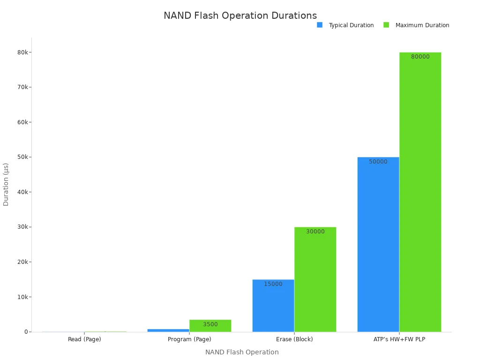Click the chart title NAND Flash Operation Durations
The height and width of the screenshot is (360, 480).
[240, 15]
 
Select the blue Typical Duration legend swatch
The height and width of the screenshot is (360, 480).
[320, 25]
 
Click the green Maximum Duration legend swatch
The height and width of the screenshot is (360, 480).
[386, 25]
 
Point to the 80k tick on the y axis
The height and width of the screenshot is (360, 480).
[22, 52]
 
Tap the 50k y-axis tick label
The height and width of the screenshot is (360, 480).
[22, 157]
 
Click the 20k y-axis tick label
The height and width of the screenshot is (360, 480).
[22, 262]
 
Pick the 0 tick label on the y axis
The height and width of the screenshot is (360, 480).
[26, 332]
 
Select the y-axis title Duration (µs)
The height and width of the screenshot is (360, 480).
[6, 184]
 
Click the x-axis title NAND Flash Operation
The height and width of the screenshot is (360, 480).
[242, 352]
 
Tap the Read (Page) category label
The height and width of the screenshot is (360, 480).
[84, 339]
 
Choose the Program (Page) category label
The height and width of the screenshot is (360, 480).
[189, 339]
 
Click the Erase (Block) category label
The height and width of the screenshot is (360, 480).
[294, 339]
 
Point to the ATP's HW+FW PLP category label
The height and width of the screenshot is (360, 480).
[399, 339]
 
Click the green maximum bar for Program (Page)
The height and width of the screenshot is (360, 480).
[210, 326]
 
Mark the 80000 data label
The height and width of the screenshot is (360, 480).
[420, 57]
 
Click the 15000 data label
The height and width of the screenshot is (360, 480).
[273, 284]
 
